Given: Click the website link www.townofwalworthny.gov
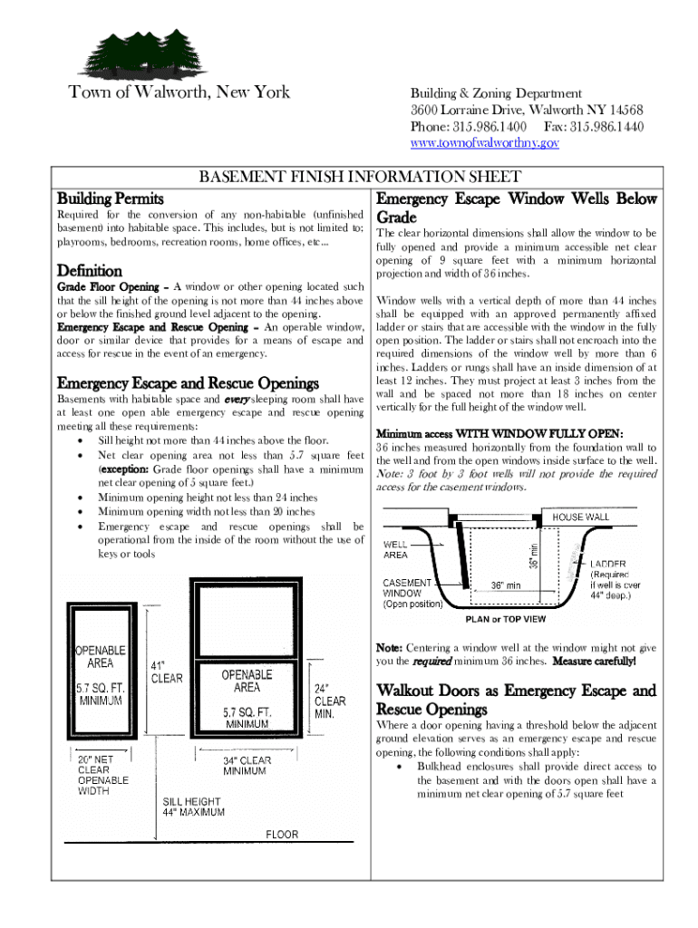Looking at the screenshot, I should pyautogui.click(x=485, y=143).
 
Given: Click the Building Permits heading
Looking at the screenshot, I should pyautogui.click(x=111, y=198).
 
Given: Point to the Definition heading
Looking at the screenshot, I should pyautogui.click(x=90, y=270).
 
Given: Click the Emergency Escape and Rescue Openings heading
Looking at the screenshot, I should pyautogui.click(x=188, y=382).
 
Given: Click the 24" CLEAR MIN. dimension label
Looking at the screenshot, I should pyautogui.click(x=330, y=701).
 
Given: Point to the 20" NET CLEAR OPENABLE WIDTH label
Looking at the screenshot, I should pyautogui.click(x=102, y=775).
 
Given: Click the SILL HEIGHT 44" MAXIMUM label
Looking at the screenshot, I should pyautogui.click(x=194, y=807).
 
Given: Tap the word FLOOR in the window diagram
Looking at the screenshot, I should pyautogui.click(x=281, y=835).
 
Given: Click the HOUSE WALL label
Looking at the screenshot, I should pyautogui.click(x=581, y=517).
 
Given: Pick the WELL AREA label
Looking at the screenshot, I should pyautogui.click(x=396, y=549).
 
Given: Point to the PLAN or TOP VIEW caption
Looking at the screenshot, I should pyautogui.click(x=506, y=619).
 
